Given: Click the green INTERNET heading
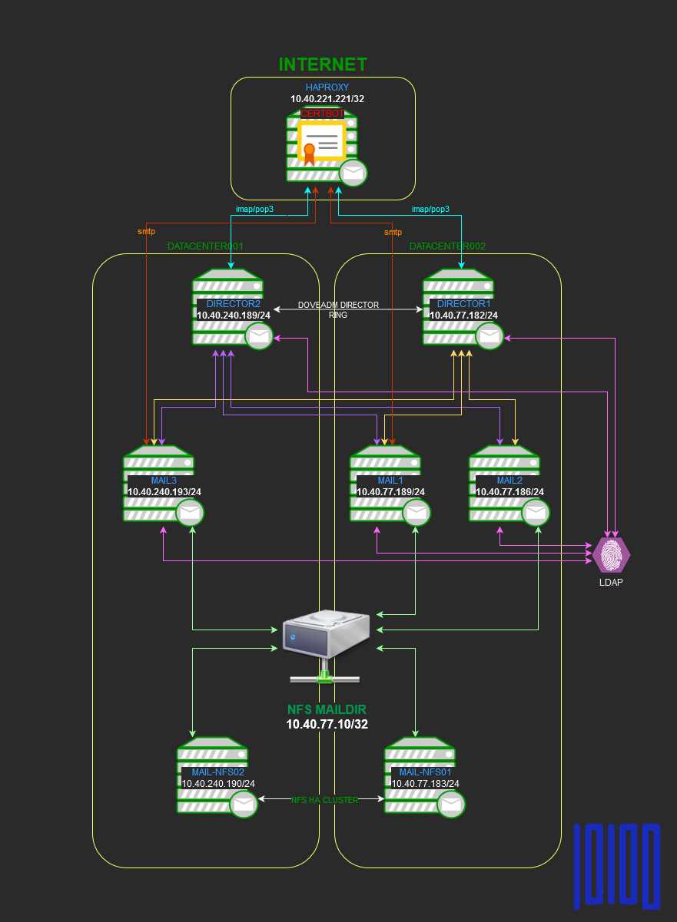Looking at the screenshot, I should click(323, 64).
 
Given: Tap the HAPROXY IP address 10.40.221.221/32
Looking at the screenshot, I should click(327, 99).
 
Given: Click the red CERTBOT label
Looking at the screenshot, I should click(322, 113).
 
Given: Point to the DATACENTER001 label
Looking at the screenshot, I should click(205, 246).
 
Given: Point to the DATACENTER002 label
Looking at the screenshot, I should click(447, 246).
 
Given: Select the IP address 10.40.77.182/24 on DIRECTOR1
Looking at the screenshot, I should click(463, 315).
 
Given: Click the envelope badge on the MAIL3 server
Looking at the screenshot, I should click(190, 512).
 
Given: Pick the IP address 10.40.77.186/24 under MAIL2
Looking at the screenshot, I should click(509, 492).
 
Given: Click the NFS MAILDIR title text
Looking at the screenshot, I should click(327, 709).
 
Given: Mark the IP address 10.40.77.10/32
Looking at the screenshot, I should click(327, 724).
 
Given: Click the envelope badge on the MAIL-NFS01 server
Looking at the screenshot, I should click(451, 804).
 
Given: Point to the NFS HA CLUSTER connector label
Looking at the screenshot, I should click(324, 800).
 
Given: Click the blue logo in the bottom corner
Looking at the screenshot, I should click(617, 865).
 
